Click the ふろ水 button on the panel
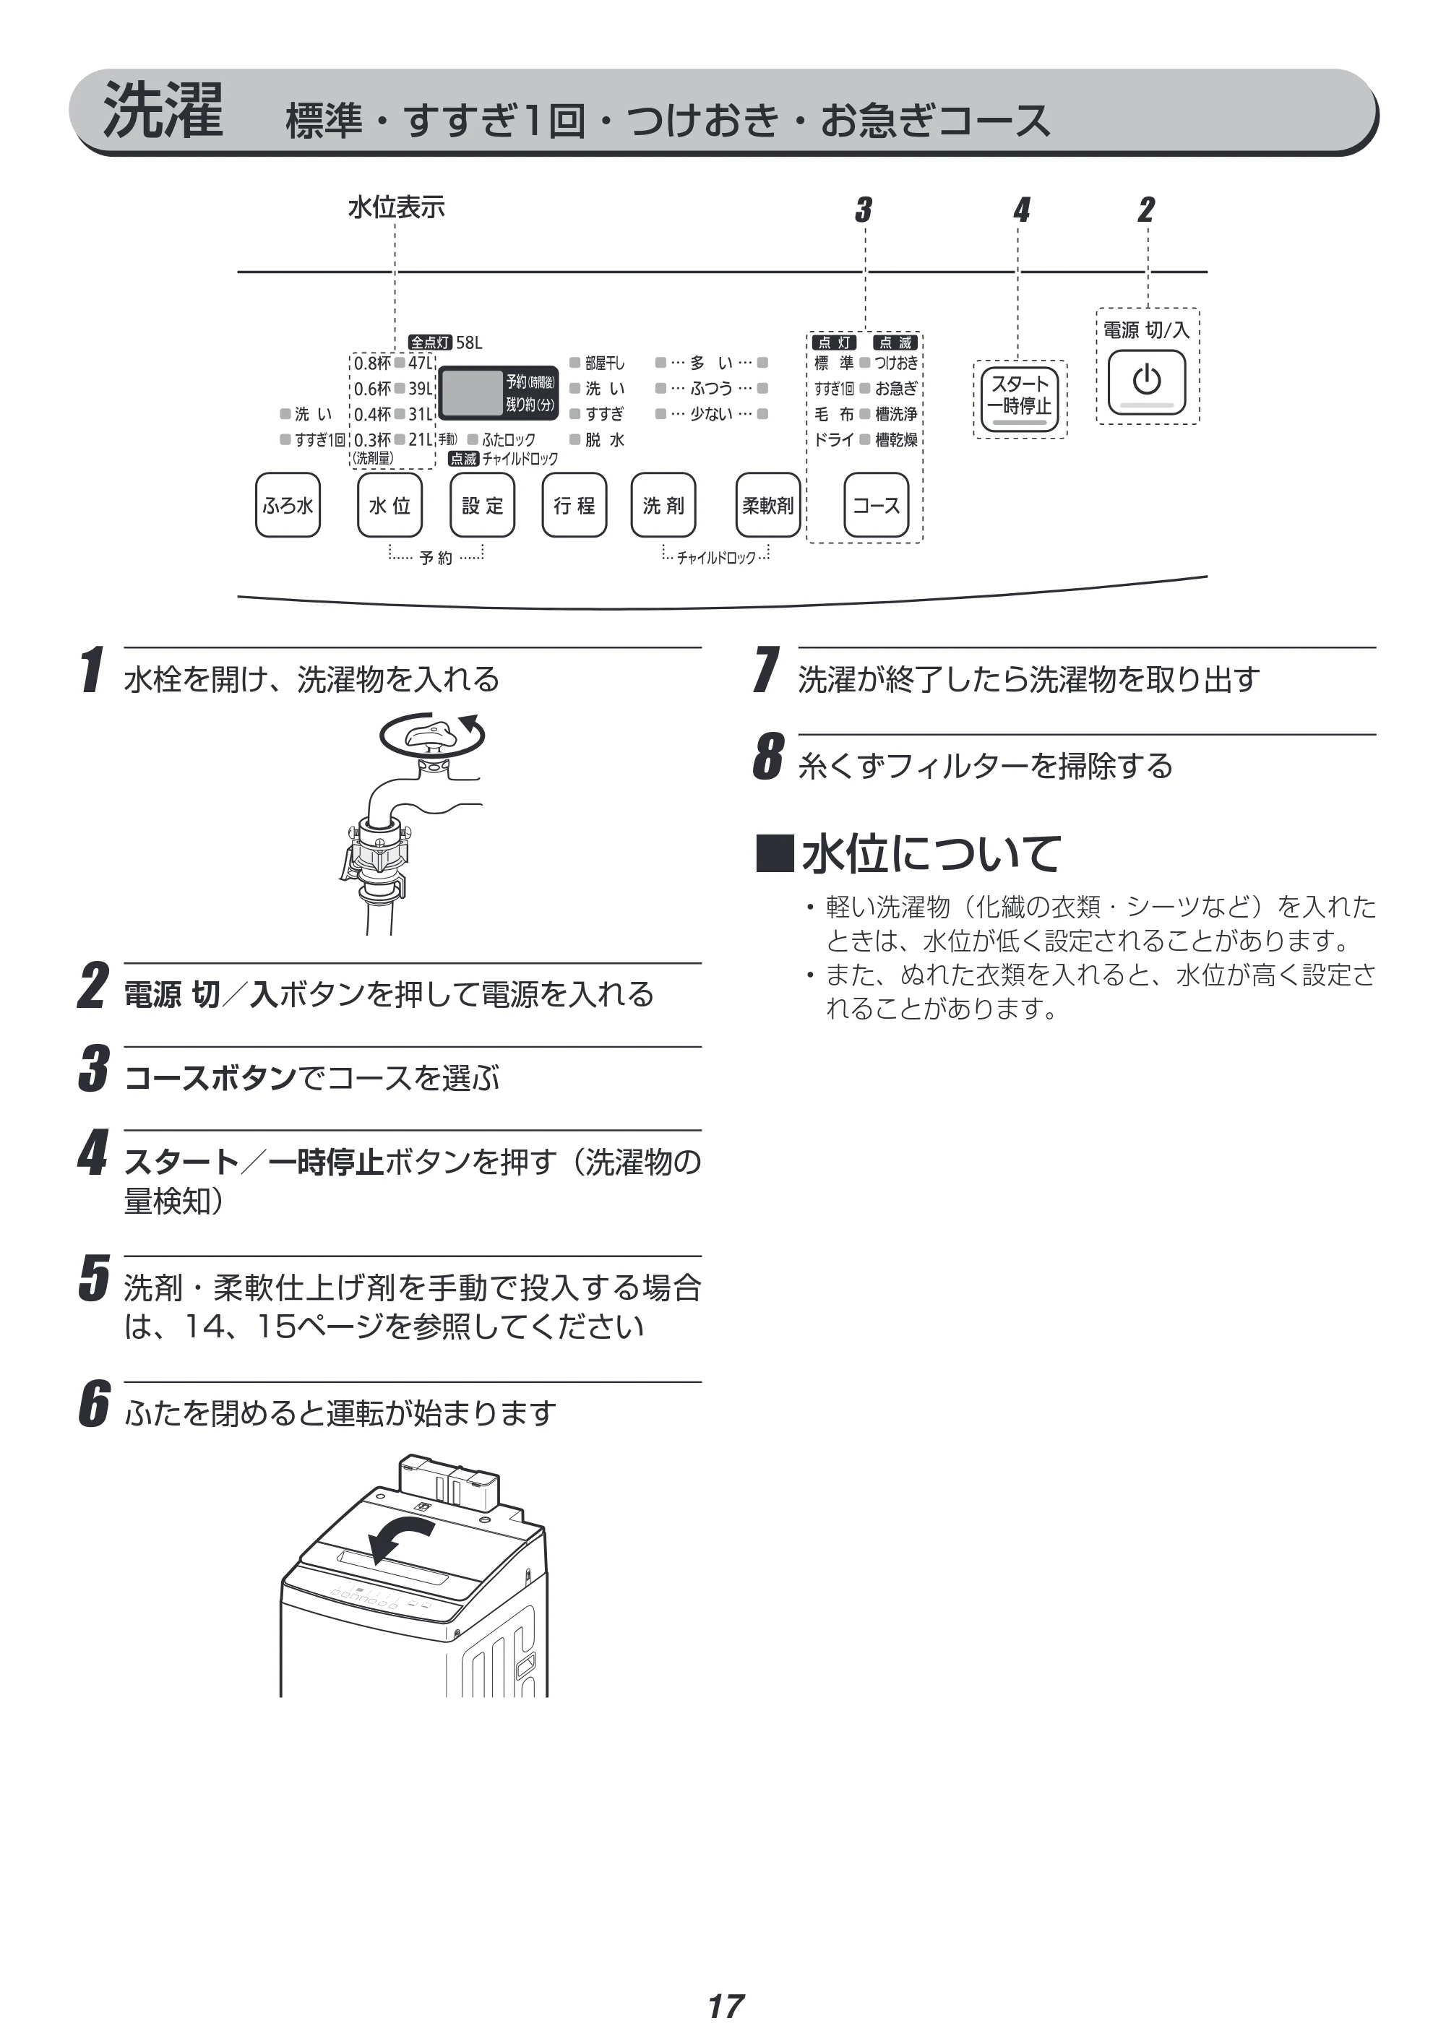click(x=288, y=505)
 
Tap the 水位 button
click(x=390, y=505)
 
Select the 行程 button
click(x=574, y=505)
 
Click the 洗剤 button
click(x=663, y=505)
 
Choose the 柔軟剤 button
click(x=768, y=505)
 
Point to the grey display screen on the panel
click(x=472, y=392)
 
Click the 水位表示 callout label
click(x=396, y=207)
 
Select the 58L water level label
click(x=469, y=342)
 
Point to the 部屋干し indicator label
click(x=606, y=363)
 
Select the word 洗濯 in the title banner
click(x=163, y=111)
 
